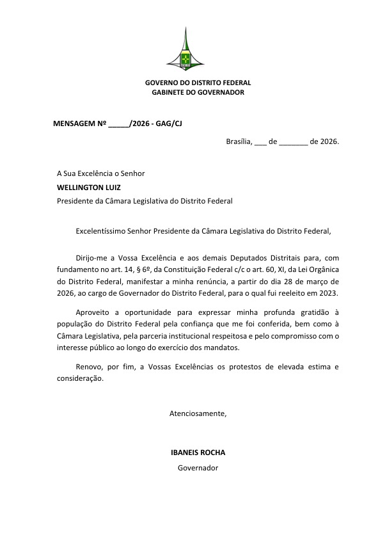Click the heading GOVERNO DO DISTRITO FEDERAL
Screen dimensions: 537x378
[x=198, y=83]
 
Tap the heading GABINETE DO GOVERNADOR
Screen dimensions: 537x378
[x=198, y=93]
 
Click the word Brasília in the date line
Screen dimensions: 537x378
[x=240, y=141]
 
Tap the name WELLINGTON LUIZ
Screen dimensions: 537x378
[x=89, y=188]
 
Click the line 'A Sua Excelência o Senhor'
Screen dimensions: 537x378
[x=101, y=173]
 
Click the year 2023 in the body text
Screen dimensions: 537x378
[x=329, y=293]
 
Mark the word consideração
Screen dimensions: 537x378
[x=80, y=379]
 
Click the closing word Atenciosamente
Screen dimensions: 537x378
[x=198, y=413]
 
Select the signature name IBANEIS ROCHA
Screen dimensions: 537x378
[x=198, y=453]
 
